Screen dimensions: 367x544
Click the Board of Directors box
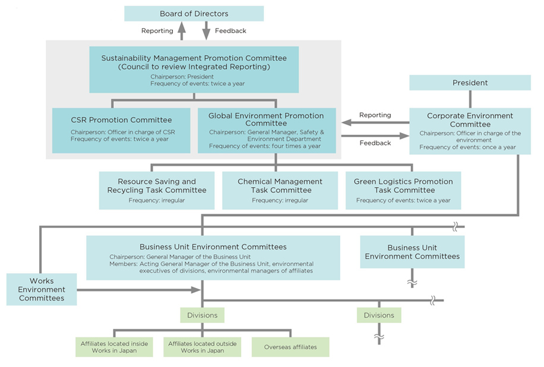point(194,14)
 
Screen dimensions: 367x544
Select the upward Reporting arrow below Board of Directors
point(182,31)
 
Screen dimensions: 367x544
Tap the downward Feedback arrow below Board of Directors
point(206,31)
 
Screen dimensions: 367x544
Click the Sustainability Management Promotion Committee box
point(194,69)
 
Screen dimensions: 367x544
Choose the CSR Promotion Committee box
point(121,129)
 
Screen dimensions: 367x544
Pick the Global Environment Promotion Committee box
point(267,130)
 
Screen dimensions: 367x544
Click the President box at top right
point(470,83)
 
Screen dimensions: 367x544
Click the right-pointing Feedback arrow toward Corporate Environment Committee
point(374,136)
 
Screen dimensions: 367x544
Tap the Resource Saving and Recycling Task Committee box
point(157,190)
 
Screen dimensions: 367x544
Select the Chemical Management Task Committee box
point(280,190)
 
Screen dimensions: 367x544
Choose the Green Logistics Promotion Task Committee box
point(403,190)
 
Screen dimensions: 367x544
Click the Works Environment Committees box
point(42,289)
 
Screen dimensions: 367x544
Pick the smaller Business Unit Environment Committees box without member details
point(412,252)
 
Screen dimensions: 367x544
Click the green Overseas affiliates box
point(290,347)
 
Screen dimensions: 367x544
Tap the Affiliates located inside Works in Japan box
point(115,347)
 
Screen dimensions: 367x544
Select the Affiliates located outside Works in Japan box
point(203,347)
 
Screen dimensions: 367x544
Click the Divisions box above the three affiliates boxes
point(203,315)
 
